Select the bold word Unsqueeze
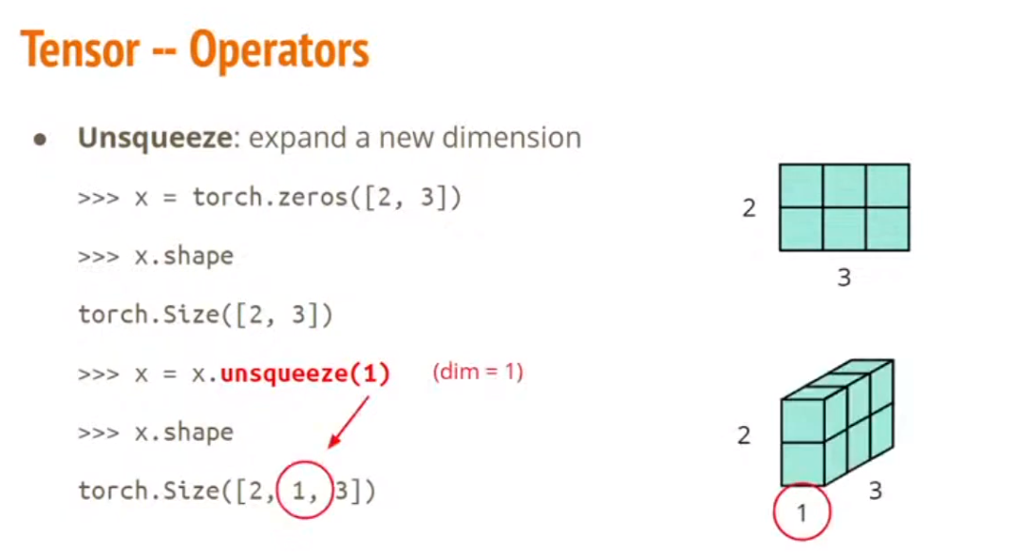click(154, 138)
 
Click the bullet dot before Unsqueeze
click(40, 139)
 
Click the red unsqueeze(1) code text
click(305, 374)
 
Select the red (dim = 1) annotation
click(478, 372)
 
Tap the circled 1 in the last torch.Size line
click(304, 492)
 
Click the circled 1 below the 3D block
click(801, 513)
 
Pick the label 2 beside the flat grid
click(749, 208)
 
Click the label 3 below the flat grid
click(843, 278)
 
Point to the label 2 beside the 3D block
click(744, 436)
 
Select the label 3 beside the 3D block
click(876, 491)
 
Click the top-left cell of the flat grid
click(802, 186)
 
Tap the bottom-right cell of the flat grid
click(887, 228)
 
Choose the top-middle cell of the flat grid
click(844, 186)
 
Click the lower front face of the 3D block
click(803, 462)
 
